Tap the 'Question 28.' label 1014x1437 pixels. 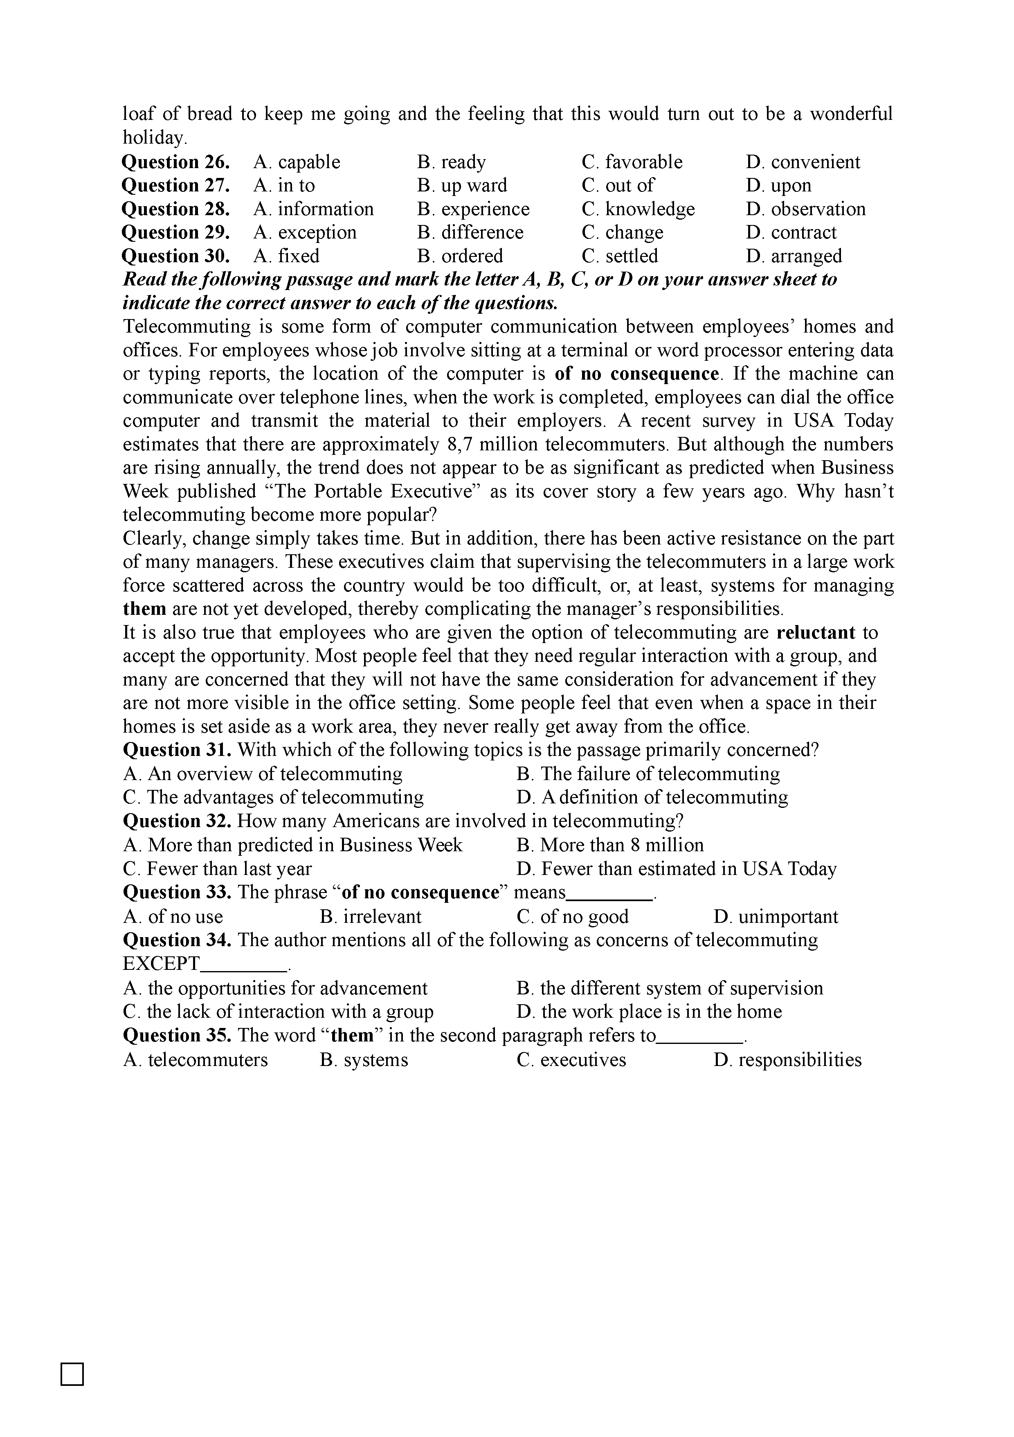[x=176, y=209]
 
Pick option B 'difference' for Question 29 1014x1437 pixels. [x=470, y=233]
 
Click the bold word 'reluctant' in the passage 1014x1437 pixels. [x=816, y=633]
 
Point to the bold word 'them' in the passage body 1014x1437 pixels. [x=144, y=609]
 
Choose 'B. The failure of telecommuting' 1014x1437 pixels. [x=648, y=774]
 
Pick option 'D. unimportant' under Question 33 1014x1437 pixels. [x=776, y=917]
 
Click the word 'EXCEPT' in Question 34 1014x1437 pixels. [x=162, y=964]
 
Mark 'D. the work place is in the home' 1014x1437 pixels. [x=649, y=1012]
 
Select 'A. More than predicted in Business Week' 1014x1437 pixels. [x=293, y=846]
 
